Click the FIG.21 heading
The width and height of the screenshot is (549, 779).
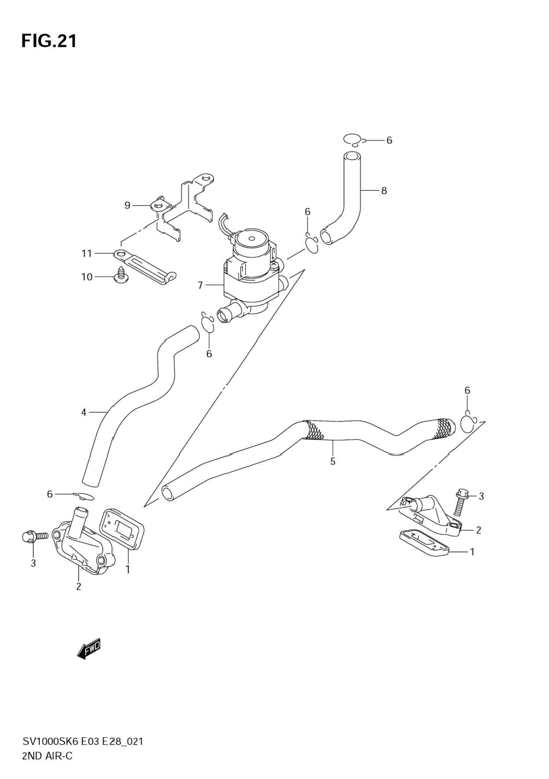(49, 41)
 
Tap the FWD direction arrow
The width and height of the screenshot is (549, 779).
(89, 648)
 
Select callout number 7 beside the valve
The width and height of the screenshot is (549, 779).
(200, 286)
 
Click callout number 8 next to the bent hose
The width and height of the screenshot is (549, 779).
(384, 191)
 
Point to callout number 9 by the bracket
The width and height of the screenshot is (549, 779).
(127, 205)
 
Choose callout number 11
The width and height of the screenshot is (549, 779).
(86, 254)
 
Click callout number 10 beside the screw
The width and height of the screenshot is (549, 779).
(87, 277)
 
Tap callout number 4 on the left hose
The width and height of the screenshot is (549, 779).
(84, 413)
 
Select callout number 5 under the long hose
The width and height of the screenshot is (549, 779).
(333, 461)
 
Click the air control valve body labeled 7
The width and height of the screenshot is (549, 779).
(251, 273)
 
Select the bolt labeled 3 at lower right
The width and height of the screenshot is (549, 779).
(460, 502)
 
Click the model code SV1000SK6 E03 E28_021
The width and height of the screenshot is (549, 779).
(83, 742)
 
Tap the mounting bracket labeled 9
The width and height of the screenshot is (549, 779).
(185, 207)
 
